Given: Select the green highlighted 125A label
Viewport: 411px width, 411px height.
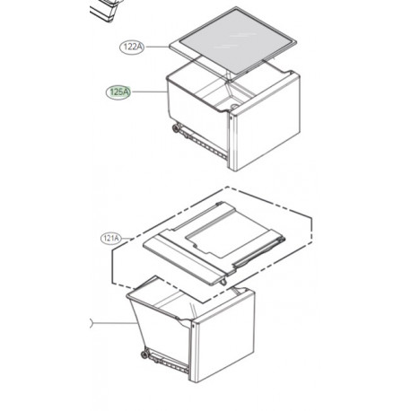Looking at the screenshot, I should pos(118,91).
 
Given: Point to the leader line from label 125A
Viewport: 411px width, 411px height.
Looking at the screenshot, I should pos(148,91).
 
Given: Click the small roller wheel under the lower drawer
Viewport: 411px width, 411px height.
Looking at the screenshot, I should pos(144,356).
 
